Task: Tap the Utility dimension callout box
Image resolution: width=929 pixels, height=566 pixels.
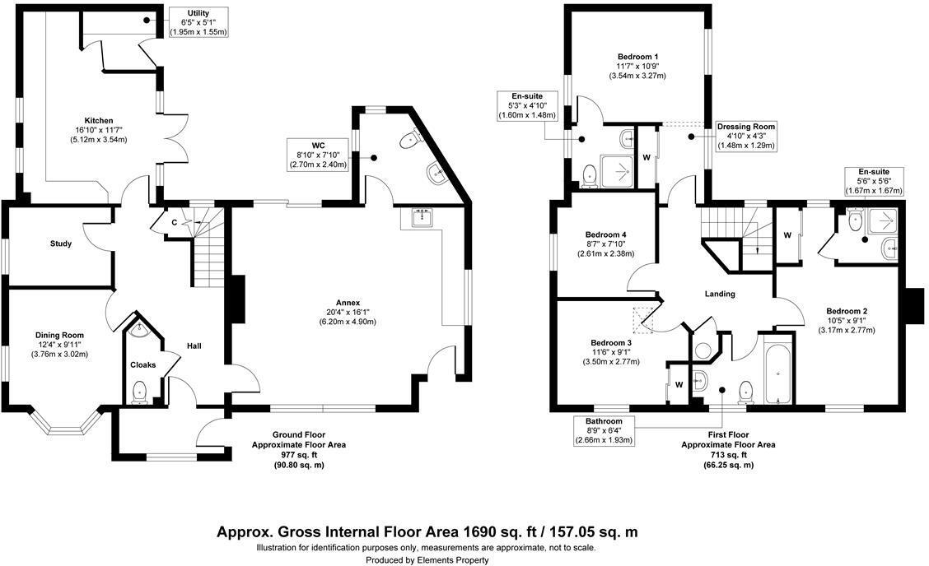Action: (198, 22)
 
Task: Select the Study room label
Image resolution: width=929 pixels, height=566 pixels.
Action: (61, 244)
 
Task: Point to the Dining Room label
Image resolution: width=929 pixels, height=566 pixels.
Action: (59, 335)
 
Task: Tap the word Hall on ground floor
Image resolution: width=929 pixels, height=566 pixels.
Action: (194, 346)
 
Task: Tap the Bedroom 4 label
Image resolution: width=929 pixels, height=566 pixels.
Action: (605, 233)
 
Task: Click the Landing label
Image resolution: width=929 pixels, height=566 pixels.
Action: (719, 294)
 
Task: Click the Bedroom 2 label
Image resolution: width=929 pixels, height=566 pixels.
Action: (847, 311)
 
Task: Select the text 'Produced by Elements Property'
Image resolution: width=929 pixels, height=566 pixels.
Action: (427, 559)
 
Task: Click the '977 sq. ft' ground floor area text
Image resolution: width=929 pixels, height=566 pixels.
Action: (300, 454)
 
